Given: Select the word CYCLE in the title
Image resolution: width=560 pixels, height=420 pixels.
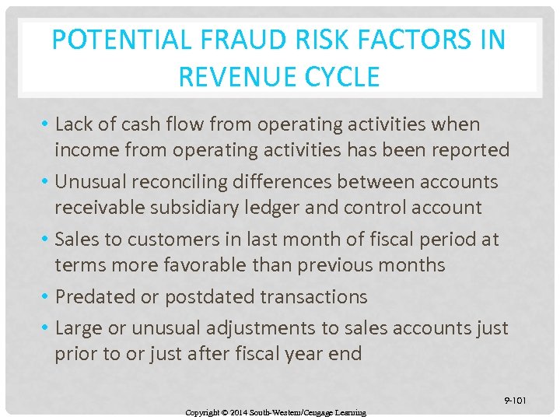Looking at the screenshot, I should pyautogui.click(x=341, y=77).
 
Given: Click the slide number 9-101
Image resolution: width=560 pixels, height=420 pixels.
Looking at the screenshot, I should pyautogui.click(x=515, y=401).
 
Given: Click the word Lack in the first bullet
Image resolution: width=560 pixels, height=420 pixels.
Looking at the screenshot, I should pyautogui.click(x=74, y=124).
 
